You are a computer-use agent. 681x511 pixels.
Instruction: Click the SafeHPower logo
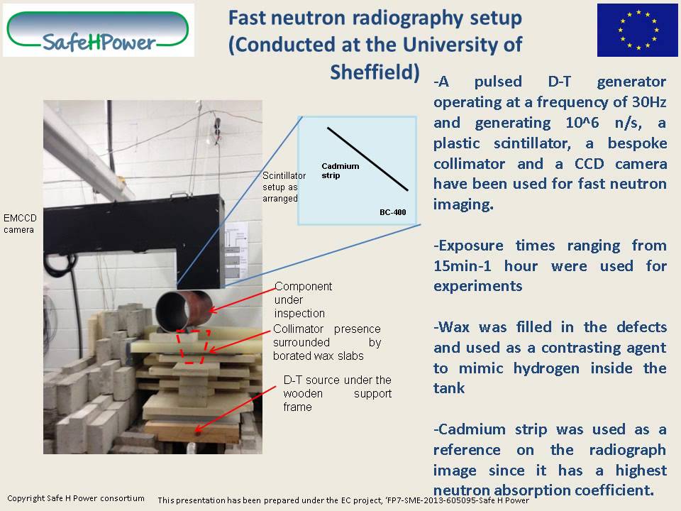[x=98, y=30]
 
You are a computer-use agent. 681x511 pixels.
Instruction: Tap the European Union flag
[x=637, y=30]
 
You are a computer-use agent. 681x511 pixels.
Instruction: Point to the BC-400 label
[x=392, y=212]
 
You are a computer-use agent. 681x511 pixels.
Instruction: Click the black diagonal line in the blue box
[x=367, y=159]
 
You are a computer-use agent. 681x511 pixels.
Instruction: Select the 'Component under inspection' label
[x=302, y=300]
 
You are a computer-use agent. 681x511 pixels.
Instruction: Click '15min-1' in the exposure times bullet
[x=467, y=266]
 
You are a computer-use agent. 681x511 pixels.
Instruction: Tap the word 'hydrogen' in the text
[x=573, y=368]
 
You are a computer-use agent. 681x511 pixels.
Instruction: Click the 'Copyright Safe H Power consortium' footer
[x=75, y=498]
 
